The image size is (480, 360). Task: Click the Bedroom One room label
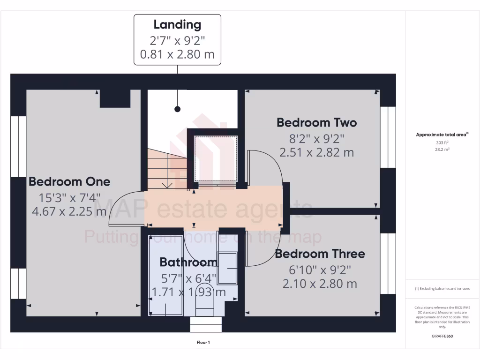(x=69, y=181)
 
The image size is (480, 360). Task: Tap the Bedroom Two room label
(x=316, y=123)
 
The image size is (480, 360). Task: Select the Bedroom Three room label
(x=320, y=254)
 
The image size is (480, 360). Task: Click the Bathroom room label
(x=188, y=262)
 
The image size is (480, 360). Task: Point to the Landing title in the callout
(x=177, y=25)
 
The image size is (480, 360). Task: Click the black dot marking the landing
(x=177, y=109)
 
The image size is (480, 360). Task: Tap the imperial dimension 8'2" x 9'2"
(x=316, y=138)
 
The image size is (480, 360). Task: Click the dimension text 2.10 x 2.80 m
(x=320, y=284)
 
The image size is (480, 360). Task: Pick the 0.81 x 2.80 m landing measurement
(x=177, y=54)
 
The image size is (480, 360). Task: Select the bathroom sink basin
(x=227, y=268)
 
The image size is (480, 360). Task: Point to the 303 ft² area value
(x=442, y=142)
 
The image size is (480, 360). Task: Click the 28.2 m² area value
(x=442, y=150)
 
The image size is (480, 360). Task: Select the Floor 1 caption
(x=203, y=343)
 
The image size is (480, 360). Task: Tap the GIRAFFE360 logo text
(x=442, y=336)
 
